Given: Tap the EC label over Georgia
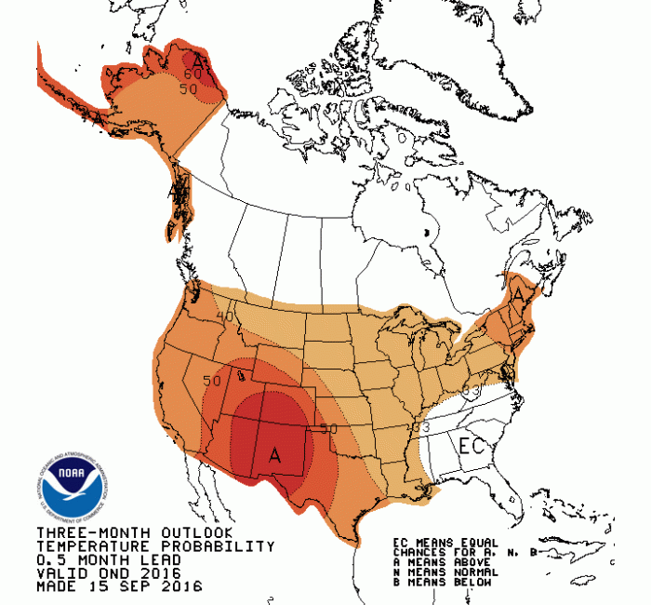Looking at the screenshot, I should coord(471,446).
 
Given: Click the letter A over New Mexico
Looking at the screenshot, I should coord(274,455).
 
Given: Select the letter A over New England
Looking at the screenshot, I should coord(517,293).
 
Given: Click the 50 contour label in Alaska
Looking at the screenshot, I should coord(189,89).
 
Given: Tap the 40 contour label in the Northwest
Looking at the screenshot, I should coord(224,317).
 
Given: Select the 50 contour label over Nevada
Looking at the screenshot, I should coord(211,382).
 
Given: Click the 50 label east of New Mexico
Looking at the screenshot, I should coord(326,429).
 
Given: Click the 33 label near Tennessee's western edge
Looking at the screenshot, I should coord(419,426).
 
